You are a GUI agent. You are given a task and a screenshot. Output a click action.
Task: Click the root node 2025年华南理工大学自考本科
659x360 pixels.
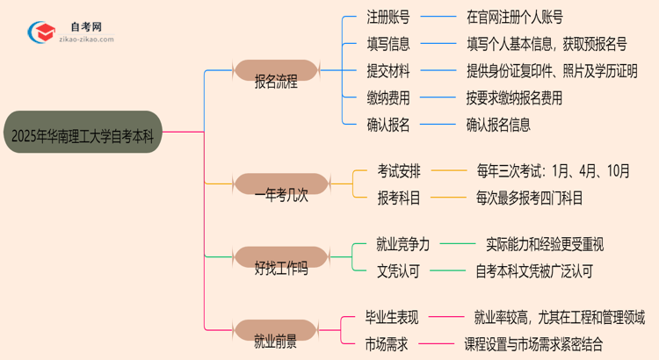[83, 133]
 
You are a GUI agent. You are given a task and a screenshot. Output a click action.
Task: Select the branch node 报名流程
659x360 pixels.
[275, 83]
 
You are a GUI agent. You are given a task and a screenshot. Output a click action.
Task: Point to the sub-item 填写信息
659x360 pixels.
[387, 43]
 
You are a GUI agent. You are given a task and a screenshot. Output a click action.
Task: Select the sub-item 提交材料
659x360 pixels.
[387, 70]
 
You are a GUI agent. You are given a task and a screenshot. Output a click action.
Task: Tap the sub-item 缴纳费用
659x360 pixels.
[387, 97]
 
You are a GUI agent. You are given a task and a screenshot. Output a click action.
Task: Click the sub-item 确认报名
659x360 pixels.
[387, 125]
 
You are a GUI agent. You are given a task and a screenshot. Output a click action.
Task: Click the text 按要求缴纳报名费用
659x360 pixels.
[514, 97]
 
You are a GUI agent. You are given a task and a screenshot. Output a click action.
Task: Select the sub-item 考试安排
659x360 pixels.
[399, 171]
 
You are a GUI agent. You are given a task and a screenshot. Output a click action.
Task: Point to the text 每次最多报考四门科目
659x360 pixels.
[530, 198]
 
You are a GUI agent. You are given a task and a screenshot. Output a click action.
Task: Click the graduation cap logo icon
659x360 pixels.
[40, 34]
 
